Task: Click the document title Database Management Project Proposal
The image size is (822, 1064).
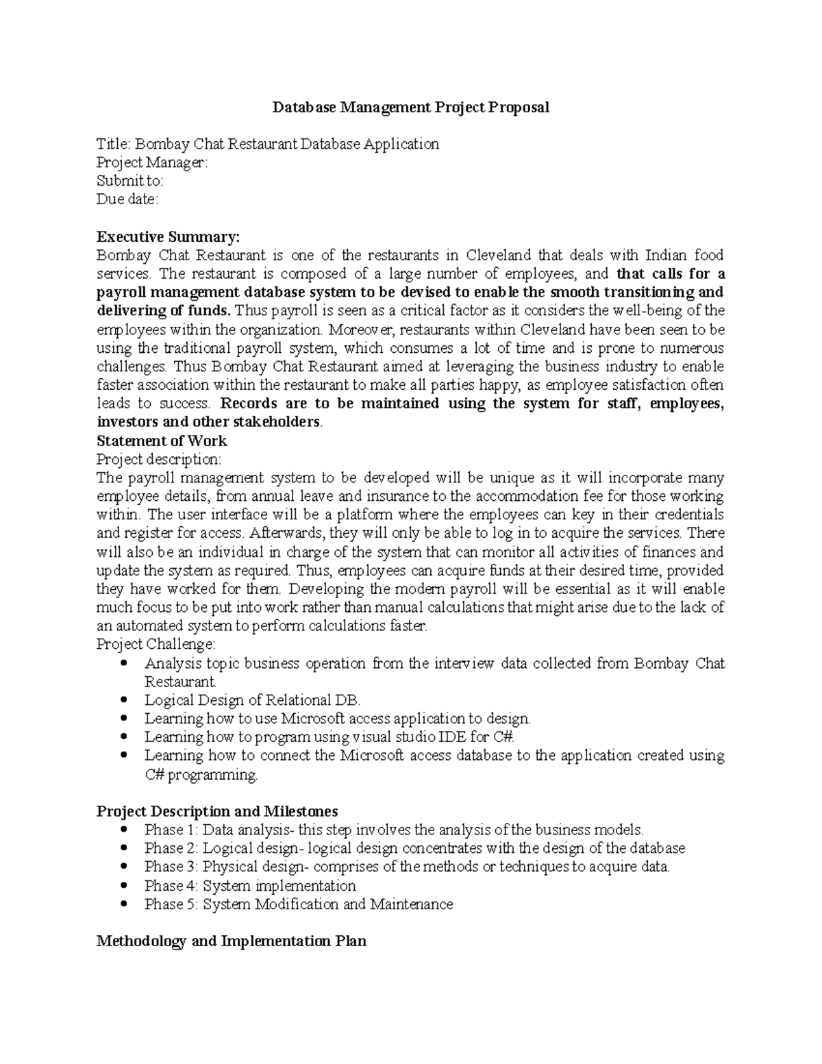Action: point(411,108)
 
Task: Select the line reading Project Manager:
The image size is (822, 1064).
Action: point(151,163)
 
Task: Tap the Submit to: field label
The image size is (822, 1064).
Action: point(129,181)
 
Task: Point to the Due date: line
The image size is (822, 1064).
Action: point(127,199)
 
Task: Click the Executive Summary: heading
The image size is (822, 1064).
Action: point(169,237)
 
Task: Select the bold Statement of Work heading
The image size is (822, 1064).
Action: point(162,441)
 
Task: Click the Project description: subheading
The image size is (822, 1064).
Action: point(159,459)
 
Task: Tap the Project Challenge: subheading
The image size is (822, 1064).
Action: point(156,644)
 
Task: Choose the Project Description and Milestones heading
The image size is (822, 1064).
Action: point(217,811)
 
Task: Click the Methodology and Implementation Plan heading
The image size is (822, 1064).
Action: point(232,941)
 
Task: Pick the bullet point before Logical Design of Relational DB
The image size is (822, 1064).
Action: point(123,700)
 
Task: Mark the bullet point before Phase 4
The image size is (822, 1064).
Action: point(123,886)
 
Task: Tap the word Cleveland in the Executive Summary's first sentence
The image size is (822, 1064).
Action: point(499,256)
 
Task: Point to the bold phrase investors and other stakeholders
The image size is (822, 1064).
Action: point(208,422)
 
